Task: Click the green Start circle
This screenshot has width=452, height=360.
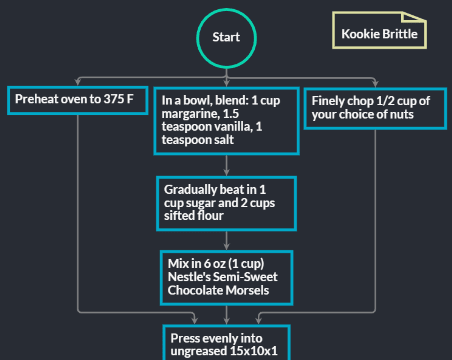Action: (x=226, y=37)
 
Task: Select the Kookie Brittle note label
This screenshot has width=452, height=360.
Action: (x=379, y=33)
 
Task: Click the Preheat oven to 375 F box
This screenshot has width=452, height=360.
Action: (x=75, y=100)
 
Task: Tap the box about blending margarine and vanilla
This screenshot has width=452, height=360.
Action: (x=226, y=120)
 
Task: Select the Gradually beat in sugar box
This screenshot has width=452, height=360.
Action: (x=226, y=202)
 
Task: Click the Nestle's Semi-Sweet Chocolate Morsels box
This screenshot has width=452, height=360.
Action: (x=226, y=277)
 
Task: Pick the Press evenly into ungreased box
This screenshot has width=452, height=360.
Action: (x=226, y=342)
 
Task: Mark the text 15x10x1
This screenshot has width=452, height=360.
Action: (x=254, y=352)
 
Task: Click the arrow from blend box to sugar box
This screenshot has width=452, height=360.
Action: (x=226, y=166)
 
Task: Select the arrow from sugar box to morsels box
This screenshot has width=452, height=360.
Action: (x=226, y=240)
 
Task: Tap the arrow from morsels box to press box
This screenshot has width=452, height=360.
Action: (x=226, y=314)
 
